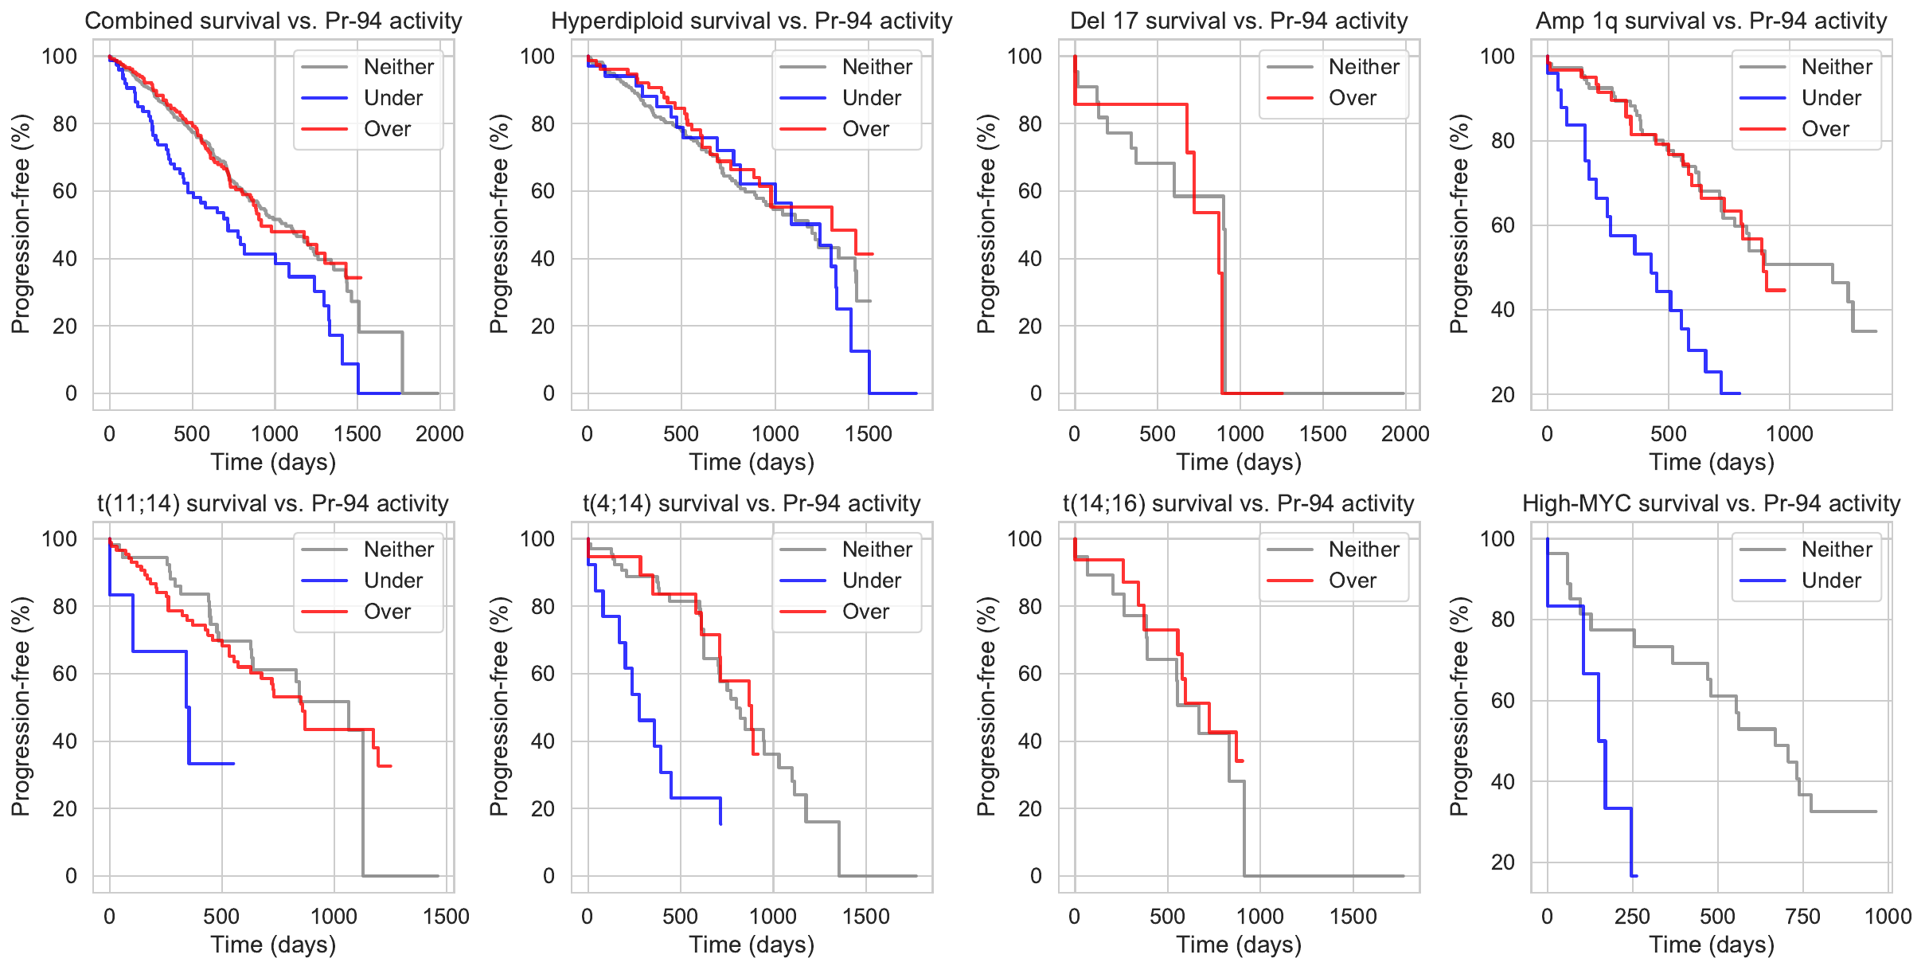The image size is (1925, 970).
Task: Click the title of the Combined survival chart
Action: click(x=273, y=21)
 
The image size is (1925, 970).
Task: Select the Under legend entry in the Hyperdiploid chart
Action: click(x=871, y=98)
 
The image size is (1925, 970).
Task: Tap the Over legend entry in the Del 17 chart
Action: click(x=1352, y=98)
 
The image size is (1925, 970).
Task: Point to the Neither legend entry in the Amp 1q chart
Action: click(x=1837, y=67)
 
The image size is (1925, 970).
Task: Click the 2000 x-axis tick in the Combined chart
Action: click(x=439, y=434)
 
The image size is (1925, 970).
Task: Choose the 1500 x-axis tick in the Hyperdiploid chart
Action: click(x=869, y=434)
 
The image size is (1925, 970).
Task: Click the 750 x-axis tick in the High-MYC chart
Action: click(x=1802, y=917)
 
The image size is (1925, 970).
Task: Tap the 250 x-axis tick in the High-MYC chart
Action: click(x=1632, y=917)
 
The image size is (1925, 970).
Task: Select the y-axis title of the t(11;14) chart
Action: click(x=21, y=706)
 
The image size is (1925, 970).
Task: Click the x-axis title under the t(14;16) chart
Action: click(x=1239, y=945)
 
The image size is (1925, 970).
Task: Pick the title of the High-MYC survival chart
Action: click(x=1711, y=503)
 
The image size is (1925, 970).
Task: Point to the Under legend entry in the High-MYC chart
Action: click(x=1831, y=581)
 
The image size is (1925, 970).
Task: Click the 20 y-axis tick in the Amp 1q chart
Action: click(x=1502, y=394)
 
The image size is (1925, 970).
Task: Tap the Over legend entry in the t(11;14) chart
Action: click(x=387, y=612)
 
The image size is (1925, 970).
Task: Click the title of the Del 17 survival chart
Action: click(x=1239, y=21)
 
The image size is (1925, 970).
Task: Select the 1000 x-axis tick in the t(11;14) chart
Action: click(x=334, y=917)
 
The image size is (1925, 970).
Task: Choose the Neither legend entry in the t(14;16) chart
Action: click(x=1363, y=550)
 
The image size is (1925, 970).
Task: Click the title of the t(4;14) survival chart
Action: click(x=752, y=503)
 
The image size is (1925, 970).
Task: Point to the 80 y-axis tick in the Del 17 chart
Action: click(x=1029, y=123)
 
